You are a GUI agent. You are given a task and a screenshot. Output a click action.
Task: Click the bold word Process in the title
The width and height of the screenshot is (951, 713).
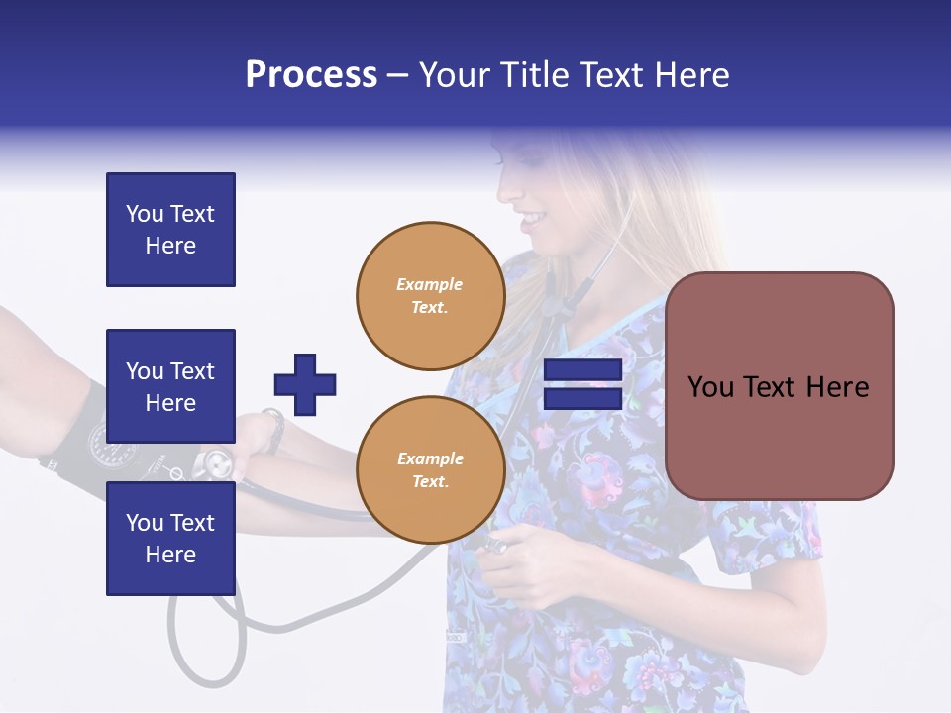311,75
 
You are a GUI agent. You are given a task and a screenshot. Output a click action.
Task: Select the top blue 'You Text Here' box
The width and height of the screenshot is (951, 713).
170,230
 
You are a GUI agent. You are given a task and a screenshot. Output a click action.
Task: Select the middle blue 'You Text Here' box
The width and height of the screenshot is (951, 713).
170,386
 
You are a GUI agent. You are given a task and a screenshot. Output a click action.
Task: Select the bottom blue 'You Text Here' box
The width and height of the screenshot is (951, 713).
170,538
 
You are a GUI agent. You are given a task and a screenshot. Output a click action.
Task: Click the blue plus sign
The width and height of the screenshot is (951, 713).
305,384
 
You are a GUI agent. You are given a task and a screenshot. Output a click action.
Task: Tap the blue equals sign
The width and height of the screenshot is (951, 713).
582,384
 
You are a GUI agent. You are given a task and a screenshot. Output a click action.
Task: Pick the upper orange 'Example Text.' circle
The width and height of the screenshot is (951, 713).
430,296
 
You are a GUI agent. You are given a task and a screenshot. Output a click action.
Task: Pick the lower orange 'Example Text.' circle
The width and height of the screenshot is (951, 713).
430,469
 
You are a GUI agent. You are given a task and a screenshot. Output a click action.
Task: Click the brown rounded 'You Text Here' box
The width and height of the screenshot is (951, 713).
779,386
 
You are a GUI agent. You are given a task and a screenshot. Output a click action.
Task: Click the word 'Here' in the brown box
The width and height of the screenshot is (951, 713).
837,387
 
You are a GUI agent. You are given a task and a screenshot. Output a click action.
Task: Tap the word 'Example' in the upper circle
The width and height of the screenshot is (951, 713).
430,284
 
